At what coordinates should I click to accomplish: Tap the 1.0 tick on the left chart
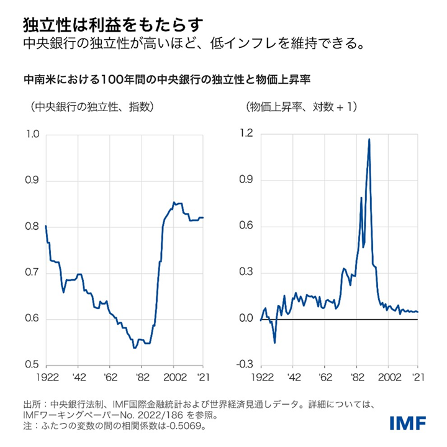(x=32, y=135)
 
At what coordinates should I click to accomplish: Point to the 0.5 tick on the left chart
(x=32, y=364)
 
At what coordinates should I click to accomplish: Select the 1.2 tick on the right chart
(x=246, y=135)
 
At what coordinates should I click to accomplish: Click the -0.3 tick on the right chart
(x=245, y=364)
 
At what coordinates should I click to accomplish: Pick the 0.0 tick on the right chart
(x=246, y=319)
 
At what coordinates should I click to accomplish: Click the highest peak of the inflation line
(x=369, y=139)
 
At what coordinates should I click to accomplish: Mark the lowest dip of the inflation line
(x=274, y=343)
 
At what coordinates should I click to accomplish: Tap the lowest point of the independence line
(x=134, y=348)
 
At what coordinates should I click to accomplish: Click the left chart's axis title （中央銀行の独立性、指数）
(x=88, y=107)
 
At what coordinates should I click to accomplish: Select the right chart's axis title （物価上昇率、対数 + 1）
(x=302, y=107)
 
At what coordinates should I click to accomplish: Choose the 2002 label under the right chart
(x=389, y=377)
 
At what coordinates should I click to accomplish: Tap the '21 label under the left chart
(x=201, y=377)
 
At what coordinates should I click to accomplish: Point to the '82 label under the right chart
(x=357, y=377)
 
